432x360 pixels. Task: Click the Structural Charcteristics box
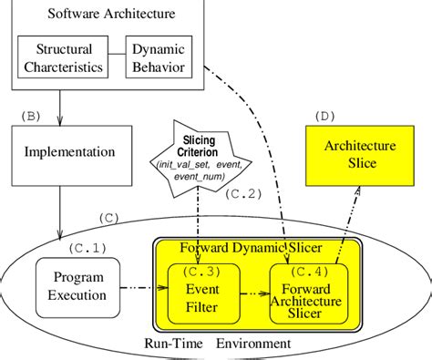tap(62, 57)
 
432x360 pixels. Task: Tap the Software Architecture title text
tap(99, 15)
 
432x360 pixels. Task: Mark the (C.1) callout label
tap(87, 246)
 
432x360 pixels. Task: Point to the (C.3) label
tap(202, 272)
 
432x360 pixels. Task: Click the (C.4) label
tap(307, 272)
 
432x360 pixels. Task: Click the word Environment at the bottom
tap(255, 344)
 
